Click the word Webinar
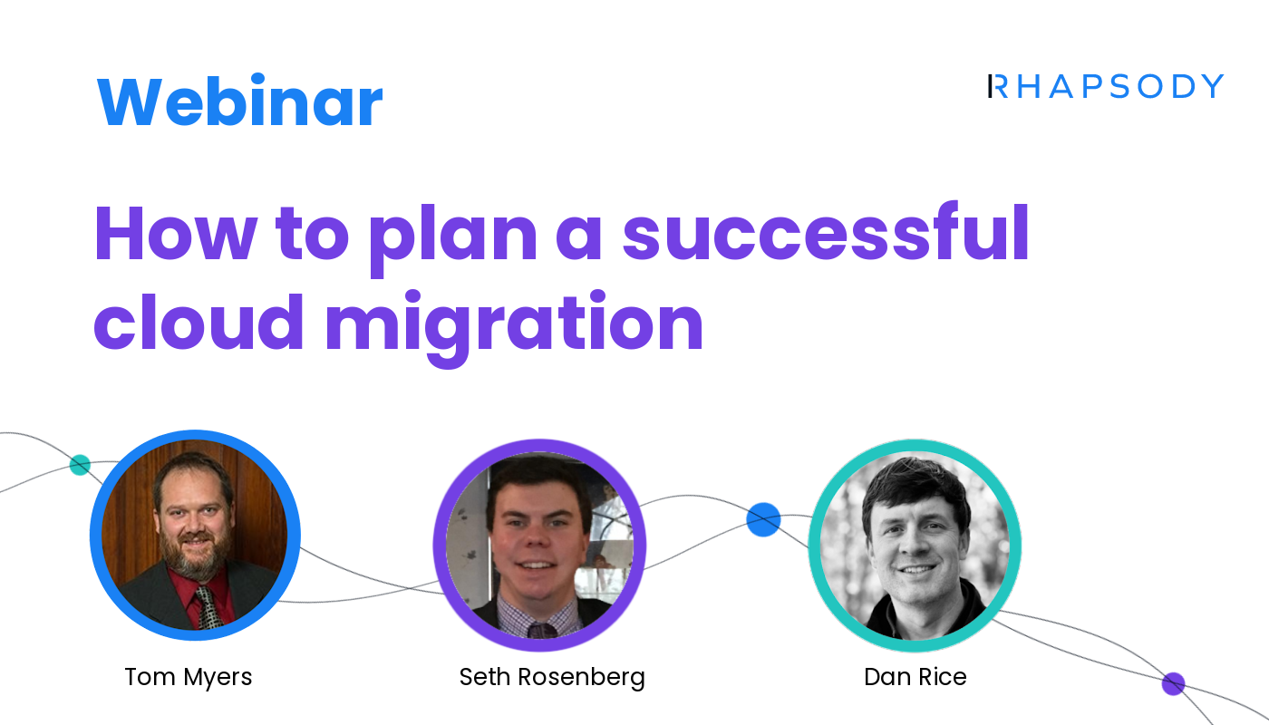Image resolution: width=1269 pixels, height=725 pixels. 239,101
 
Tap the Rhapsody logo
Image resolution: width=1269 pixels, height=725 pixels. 1106,87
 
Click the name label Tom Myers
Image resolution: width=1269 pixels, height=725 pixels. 189,676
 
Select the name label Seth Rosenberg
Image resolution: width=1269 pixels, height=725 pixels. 552,676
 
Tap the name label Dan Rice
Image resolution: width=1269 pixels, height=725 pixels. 915,676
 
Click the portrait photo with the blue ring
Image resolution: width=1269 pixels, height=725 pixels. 195,535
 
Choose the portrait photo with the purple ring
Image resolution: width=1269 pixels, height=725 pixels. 539,544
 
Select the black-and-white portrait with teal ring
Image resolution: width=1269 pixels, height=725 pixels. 915,544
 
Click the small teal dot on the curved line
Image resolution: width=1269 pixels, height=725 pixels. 80,465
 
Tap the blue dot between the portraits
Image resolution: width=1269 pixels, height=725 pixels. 763,519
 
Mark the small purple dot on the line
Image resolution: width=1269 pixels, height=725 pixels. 1173,683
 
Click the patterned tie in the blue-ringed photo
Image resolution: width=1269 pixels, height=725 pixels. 208,607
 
